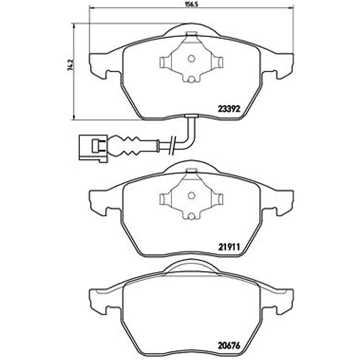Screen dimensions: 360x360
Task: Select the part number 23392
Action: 229,108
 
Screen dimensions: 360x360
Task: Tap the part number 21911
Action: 229,247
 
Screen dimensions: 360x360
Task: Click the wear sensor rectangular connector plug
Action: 93,148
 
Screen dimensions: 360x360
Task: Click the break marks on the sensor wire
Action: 172,145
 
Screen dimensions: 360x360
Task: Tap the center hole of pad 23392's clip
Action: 191,58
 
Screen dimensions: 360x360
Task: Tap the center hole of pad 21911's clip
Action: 191,196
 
